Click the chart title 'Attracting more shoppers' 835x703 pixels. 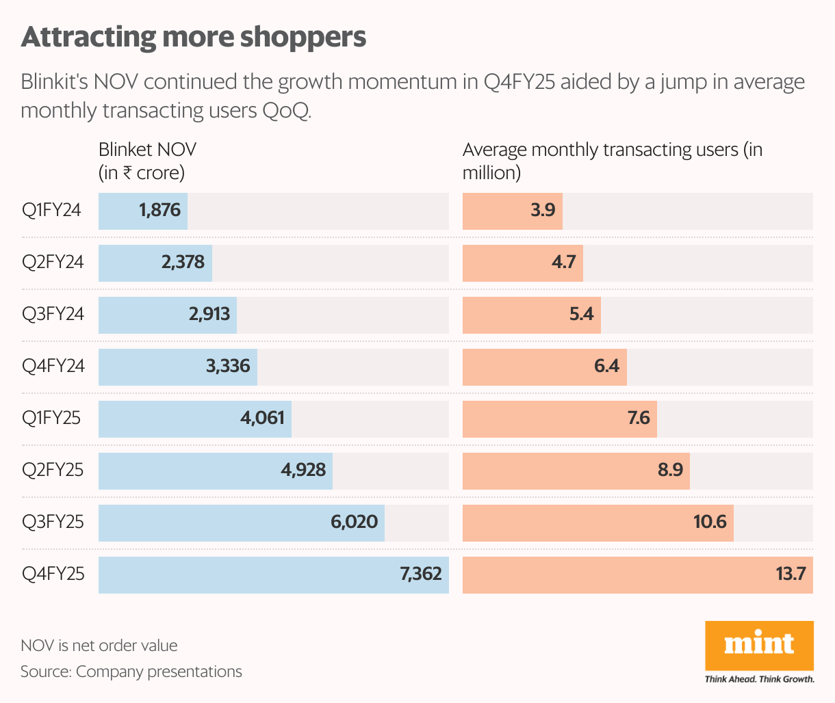tap(194, 37)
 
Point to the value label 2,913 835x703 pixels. tap(209, 314)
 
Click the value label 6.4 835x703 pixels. tap(606, 366)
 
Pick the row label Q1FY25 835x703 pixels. tap(51, 418)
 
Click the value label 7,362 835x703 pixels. tap(421, 574)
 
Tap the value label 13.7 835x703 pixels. tap(791, 574)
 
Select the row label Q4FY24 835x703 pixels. tap(53, 366)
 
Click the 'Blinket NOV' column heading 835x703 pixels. tap(147, 150)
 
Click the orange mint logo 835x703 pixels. tap(759, 645)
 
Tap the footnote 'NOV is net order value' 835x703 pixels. tap(99, 646)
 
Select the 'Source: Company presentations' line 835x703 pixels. tap(131, 672)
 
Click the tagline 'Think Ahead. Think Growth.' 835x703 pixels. tap(760, 679)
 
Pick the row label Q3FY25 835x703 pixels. tap(53, 522)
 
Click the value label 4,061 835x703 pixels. tap(262, 418)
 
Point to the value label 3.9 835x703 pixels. tap(543, 210)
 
